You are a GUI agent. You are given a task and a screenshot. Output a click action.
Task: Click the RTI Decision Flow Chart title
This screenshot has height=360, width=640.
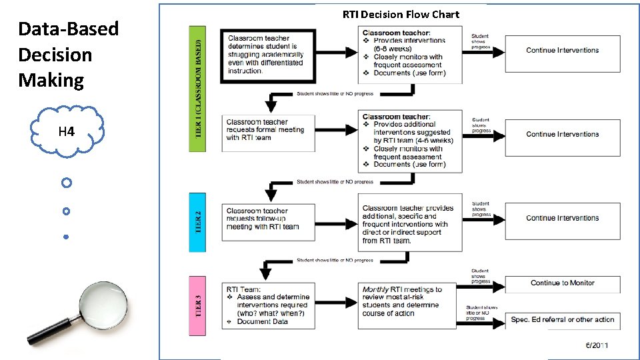[401, 14]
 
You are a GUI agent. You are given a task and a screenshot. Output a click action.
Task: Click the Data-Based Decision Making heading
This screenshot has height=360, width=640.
[68, 55]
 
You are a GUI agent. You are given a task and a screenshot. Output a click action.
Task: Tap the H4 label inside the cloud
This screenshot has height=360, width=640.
[66, 132]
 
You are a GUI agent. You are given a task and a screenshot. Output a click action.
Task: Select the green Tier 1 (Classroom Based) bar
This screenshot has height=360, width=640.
[198, 88]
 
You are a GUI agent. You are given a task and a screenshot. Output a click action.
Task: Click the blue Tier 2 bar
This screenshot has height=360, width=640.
[197, 222]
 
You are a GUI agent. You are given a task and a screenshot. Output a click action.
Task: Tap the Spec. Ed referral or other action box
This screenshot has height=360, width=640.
[562, 320]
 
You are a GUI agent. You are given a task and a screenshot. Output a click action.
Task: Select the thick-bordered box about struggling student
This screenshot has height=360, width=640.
[267, 55]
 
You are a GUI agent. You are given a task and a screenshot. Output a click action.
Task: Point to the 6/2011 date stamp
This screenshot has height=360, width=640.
[597, 345]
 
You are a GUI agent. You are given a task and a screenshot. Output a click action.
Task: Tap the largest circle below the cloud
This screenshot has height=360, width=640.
[66, 182]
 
